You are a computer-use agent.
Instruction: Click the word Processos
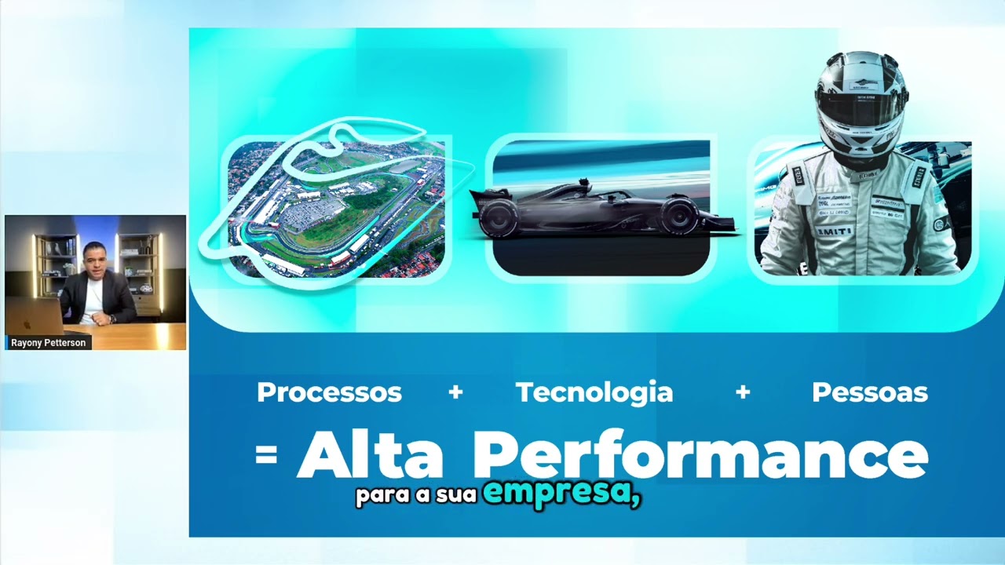click(329, 392)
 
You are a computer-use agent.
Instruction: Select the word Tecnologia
click(594, 392)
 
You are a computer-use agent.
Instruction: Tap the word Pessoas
click(869, 392)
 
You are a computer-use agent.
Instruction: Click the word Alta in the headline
click(370, 456)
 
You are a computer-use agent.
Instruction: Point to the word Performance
click(700, 456)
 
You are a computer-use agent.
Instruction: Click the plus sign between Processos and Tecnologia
click(455, 392)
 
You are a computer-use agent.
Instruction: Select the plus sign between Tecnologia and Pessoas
click(743, 392)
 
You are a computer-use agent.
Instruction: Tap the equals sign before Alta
click(267, 455)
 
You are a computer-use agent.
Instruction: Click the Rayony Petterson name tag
click(49, 343)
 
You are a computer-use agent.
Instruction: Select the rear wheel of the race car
click(499, 217)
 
